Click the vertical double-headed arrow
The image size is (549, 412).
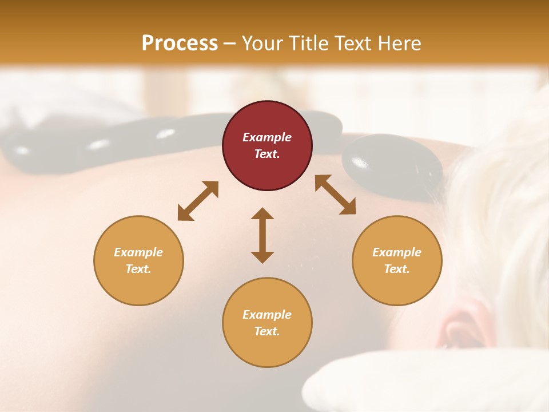pyautogui.click(x=262, y=235)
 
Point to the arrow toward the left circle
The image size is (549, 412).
pyautogui.click(x=198, y=201)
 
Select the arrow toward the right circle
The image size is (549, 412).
pyautogui.click(x=335, y=195)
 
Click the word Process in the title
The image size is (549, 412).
pyautogui.click(x=180, y=43)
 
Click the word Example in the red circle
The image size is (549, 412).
pyautogui.click(x=267, y=137)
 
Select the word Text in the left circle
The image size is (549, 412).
pyautogui.click(x=138, y=269)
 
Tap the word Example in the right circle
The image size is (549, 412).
pyautogui.click(x=397, y=252)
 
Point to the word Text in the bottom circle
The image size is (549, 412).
pyautogui.click(x=267, y=331)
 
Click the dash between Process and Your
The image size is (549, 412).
pyautogui.click(x=230, y=43)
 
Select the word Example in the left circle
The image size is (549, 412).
pyautogui.click(x=138, y=252)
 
